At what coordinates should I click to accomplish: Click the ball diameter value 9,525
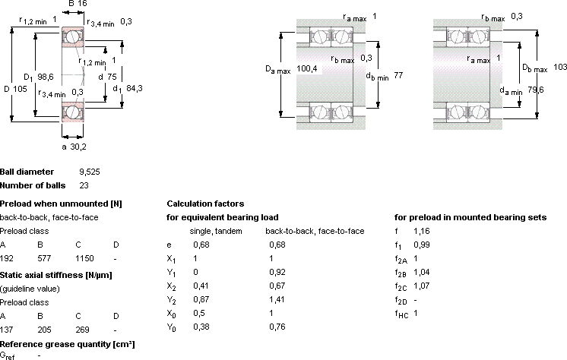click(90, 172)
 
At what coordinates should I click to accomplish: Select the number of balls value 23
click(84, 185)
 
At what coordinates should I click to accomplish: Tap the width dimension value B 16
click(78, 4)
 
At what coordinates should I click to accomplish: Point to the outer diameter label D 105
click(15, 89)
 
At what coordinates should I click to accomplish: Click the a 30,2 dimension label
click(74, 147)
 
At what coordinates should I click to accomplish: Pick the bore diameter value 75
click(112, 77)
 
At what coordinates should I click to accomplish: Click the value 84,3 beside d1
click(135, 88)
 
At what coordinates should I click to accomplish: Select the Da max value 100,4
click(306, 68)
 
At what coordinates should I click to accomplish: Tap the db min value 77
click(398, 75)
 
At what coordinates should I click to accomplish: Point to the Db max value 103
click(560, 67)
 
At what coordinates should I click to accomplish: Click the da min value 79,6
click(536, 90)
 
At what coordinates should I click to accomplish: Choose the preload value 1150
click(84, 258)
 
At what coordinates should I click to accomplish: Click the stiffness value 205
click(45, 330)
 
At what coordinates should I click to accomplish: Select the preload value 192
click(7, 258)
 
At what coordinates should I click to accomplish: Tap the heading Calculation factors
click(205, 204)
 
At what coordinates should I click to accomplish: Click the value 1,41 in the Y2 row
click(277, 299)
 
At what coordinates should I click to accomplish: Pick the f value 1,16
click(422, 231)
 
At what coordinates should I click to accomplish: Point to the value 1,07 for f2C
click(422, 286)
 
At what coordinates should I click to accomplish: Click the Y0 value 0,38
click(201, 327)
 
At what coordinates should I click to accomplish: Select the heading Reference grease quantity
click(67, 344)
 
